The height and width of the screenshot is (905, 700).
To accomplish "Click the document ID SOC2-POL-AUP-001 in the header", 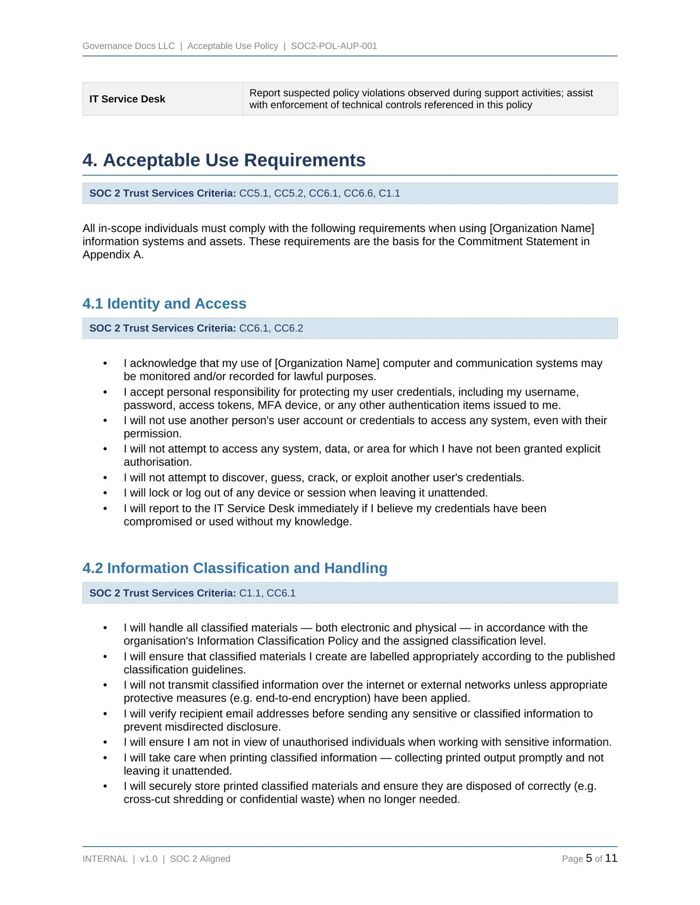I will pos(333,46).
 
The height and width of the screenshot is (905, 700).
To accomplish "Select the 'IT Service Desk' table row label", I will pos(127,99).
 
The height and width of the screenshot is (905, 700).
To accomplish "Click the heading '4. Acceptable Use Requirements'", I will pos(224,160).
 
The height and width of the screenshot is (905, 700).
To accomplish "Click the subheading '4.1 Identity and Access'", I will pos(164,304).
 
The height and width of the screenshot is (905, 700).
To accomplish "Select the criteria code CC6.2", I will pos(289,328).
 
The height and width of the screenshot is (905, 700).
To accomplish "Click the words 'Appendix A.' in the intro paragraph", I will pos(113,255).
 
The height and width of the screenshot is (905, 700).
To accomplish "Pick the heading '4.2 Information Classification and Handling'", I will pos(234,568).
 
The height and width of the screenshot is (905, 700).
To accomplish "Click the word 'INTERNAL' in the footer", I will pos(105,859).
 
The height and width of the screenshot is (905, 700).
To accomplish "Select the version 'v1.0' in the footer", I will pos(149,859).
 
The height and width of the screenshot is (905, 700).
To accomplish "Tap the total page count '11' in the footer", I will pos(611,858).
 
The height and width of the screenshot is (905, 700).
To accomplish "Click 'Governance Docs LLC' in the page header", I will pos(128,46).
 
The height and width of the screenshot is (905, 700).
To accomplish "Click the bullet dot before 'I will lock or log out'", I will pos(105,493).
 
